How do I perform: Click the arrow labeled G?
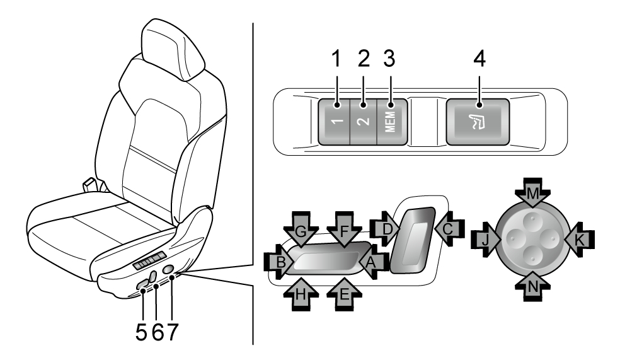coord(301,231)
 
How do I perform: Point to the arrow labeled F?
coord(344,231)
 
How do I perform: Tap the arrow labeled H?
coord(301,291)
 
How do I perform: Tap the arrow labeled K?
coord(577,240)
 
